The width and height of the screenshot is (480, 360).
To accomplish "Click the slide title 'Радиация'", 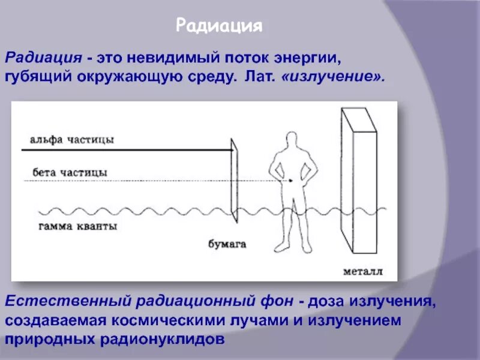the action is pyautogui.click(x=219, y=26).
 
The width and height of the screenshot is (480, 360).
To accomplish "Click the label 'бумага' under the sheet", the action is pyautogui.click(x=227, y=244).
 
